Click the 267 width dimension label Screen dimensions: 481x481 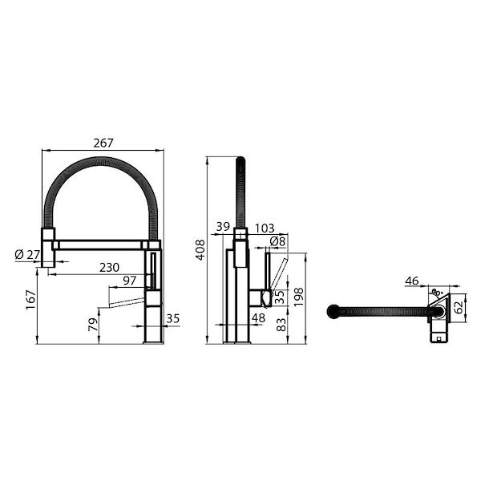103,143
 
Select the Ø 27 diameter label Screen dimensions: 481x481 26,255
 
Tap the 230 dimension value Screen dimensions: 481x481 110,268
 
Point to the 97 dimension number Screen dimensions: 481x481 130,281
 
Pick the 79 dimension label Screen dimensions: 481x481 94,325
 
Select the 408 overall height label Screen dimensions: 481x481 200,250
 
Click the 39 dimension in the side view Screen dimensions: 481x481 222,228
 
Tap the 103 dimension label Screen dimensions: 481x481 264,228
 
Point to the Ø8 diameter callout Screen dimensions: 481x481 277,240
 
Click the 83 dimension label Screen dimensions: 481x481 280,324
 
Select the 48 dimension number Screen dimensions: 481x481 258,318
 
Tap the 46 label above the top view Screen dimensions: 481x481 412,281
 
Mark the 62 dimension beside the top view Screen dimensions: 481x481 459,306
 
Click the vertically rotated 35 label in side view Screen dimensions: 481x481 279,297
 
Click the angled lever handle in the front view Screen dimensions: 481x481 121,302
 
